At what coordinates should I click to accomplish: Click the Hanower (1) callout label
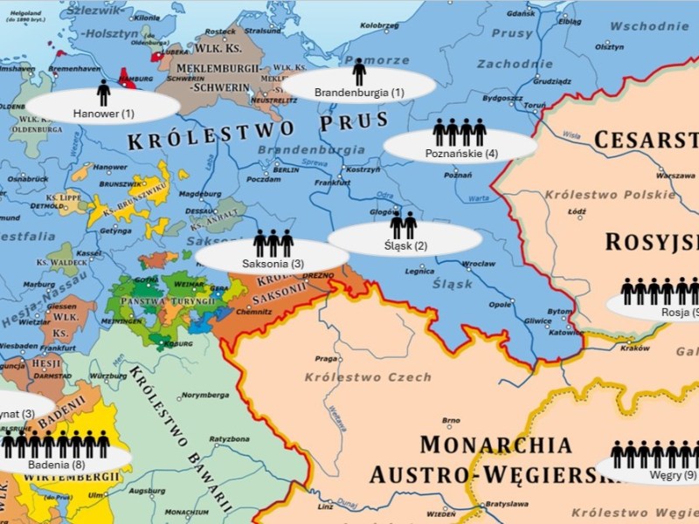(x=103, y=114)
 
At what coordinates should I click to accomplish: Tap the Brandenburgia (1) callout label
(x=359, y=93)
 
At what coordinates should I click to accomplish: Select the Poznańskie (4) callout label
(x=461, y=154)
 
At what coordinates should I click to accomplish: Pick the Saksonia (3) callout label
(x=273, y=263)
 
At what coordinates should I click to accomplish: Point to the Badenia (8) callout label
(x=56, y=465)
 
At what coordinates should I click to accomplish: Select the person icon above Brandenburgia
(x=359, y=72)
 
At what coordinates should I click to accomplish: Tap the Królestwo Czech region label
(x=368, y=377)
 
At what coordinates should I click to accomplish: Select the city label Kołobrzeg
(x=378, y=26)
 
